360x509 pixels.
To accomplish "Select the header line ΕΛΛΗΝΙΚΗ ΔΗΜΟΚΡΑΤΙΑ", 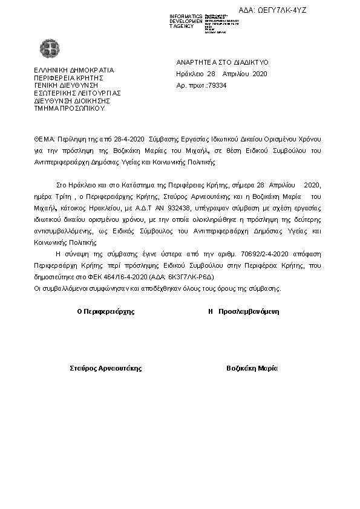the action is [x=74, y=70].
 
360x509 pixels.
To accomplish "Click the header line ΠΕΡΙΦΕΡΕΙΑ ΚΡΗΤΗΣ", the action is [x=70, y=77].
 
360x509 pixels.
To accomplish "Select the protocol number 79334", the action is [x=216, y=86].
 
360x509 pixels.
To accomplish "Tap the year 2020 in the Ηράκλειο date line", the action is [x=258, y=74].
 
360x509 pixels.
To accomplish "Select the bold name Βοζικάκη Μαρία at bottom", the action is [x=252, y=368].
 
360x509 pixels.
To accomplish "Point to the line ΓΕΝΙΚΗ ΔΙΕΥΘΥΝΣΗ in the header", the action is [x=65, y=85].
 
